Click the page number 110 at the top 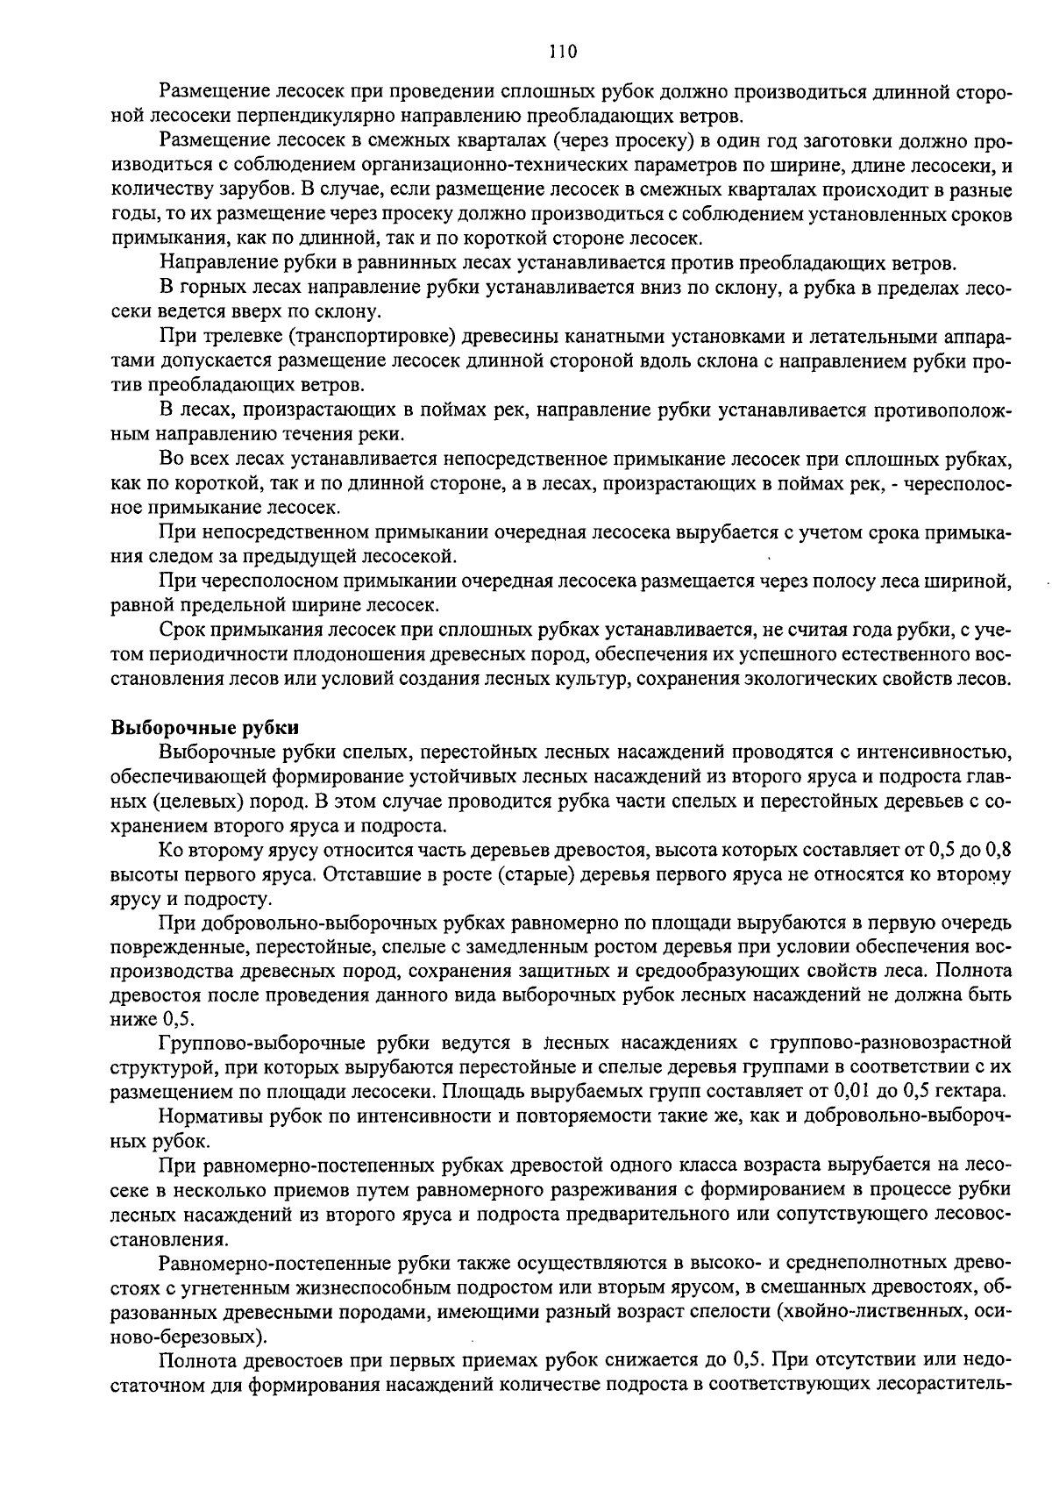[x=562, y=51]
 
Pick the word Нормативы [x=203, y=1116]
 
